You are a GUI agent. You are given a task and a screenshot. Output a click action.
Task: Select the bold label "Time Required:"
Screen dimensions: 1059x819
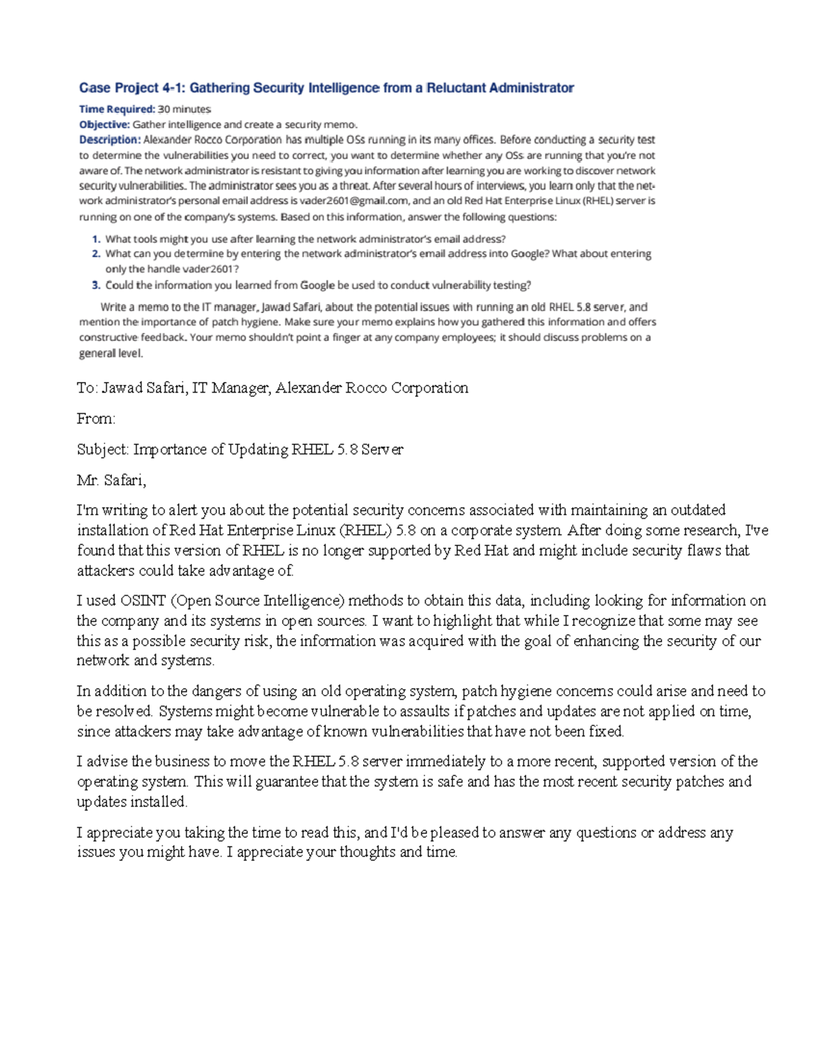point(117,109)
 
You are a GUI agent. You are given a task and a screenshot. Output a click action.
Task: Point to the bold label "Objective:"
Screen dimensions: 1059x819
point(104,124)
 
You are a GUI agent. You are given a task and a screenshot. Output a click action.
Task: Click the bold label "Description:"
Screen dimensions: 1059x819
point(109,140)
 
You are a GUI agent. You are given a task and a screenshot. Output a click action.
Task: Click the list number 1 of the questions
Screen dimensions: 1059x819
point(96,239)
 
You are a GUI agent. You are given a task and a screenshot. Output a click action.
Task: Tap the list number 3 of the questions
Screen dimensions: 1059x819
point(96,285)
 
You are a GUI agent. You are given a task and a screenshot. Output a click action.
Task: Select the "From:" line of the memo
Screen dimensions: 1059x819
point(96,419)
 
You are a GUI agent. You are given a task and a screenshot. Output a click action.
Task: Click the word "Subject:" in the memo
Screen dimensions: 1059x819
point(102,449)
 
